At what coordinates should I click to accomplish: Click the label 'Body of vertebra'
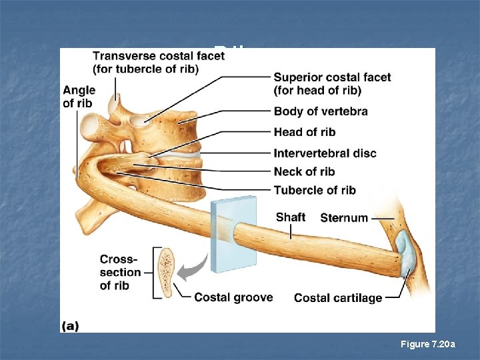pyautogui.click(x=320, y=111)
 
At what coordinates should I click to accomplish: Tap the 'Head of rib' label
pyautogui.click(x=305, y=132)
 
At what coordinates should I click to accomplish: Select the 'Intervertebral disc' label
pyautogui.click(x=325, y=153)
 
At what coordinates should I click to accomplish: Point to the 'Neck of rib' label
pyautogui.click(x=304, y=171)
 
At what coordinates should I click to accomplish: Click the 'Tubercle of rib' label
pyautogui.click(x=315, y=190)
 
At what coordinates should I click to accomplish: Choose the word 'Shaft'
pyautogui.click(x=291, y=217)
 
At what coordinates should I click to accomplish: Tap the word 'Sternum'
pyautogui.click(x=344, y=218)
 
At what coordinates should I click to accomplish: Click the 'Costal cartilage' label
pyautogui.click(x=338, y=298)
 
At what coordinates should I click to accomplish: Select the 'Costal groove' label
pyautogui.click(x=233, y=297)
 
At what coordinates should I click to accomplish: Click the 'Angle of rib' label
pyautogui.click(x=79, y=96)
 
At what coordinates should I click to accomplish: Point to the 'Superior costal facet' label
pyautogui.click(x=332, y=83)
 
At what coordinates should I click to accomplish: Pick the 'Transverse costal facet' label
pyautogui.click(x=159, y=63)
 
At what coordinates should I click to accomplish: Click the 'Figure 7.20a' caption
pyautogui.click(x=428, y=344)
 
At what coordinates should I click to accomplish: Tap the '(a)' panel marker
pyautogui.click(x=70, y=326)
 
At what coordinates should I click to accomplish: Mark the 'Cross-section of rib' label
pyautogui.click(x=119, y=272)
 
